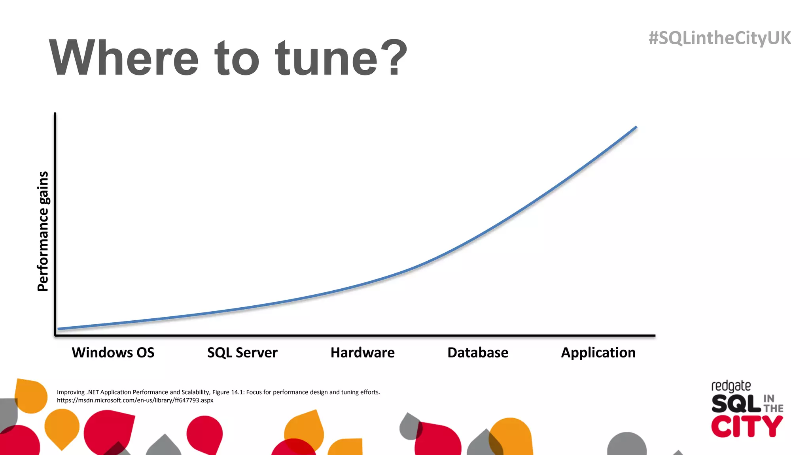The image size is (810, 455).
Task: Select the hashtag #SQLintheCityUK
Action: [x=719, y=38]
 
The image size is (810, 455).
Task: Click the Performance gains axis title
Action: [x=43, y=231]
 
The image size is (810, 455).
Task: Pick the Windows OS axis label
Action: [x=113, y=352]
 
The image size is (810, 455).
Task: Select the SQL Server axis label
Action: [x=242, y=352]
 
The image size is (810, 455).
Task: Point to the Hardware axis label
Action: [x=362, y=352]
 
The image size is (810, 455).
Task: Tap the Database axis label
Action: [x=478, y=352]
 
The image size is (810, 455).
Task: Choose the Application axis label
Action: [x=598, y=352]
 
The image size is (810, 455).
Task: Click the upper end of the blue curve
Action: [x=635, y=128]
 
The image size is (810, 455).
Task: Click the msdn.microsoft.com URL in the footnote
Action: [x=135, y=400]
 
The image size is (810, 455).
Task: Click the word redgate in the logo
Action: [x=731, y=386]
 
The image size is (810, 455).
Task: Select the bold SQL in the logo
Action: [x=736, y=404]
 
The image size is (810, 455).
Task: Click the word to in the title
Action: [x=237, y=58]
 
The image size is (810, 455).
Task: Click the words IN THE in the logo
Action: [x=773, y=404]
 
